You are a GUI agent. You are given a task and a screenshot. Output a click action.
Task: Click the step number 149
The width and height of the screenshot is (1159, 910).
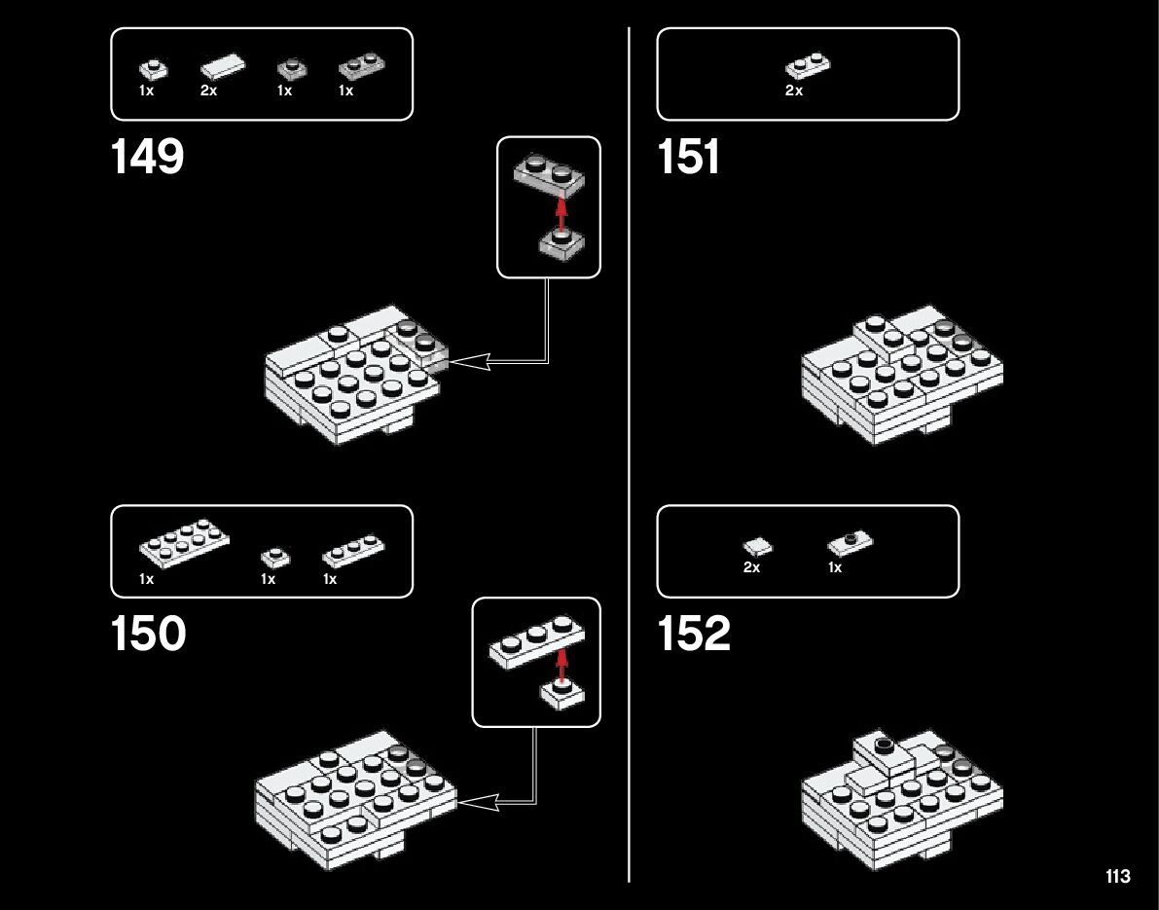click(148, 157)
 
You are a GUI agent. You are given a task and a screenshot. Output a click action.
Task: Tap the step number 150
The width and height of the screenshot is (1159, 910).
click(148, 635)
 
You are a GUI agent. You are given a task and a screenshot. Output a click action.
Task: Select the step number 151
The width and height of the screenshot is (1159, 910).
click(689, 157)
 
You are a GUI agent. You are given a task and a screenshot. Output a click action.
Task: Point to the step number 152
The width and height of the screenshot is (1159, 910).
click(694, 635)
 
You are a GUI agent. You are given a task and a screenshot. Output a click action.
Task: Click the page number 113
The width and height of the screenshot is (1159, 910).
click(1118, 877)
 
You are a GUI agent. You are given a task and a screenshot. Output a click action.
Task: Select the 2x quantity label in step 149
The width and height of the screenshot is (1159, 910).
click(209, 91)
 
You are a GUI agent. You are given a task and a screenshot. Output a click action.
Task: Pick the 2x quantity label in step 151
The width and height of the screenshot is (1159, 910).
click(794, 91)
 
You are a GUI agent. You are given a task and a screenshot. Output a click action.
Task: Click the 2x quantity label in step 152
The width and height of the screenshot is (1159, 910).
click(751, 567)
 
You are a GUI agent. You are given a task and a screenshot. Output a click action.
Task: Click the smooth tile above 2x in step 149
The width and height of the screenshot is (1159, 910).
click(223, 68)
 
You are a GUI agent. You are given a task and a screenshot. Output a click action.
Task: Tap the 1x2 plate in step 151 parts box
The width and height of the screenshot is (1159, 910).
click(808, 65)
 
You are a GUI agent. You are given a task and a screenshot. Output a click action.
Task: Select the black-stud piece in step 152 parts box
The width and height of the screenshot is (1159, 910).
click(851, 540)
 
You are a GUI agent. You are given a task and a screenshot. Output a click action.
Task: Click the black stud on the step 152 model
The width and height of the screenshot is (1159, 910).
click(885, 746)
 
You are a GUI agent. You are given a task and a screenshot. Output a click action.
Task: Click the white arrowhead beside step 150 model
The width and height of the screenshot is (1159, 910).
click(478, 802)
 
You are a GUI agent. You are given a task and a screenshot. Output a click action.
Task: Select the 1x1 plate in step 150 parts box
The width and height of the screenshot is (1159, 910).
click(274, 557)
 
